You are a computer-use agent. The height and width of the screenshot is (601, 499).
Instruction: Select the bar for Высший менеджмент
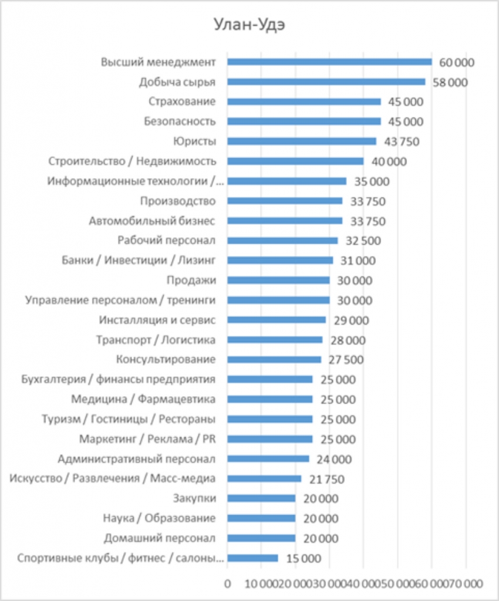(329, 62)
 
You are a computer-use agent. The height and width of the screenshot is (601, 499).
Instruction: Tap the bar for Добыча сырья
(326, 82)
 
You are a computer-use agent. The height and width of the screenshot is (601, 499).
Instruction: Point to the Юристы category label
(195, 141)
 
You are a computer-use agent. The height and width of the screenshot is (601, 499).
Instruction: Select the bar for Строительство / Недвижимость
(295, 161)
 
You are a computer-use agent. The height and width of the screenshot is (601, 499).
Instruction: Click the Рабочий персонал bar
(282, 241)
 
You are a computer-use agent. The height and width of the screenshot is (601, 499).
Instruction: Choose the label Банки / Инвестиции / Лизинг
(139, 261)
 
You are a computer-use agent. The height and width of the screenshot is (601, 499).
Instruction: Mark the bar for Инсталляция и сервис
(277, 320)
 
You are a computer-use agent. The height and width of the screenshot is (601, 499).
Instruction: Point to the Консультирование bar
(274, 360)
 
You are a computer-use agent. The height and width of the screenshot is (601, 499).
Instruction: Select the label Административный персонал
(137, 459)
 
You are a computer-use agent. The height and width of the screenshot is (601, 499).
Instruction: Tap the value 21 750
(326, 479)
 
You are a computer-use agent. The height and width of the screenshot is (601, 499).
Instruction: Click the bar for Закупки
(261, 498)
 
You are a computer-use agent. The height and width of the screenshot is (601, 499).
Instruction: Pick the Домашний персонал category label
(160, 538)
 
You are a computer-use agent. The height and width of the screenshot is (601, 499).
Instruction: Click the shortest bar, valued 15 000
(252, 558)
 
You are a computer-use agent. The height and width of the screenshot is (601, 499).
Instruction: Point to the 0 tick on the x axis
(228, 584)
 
